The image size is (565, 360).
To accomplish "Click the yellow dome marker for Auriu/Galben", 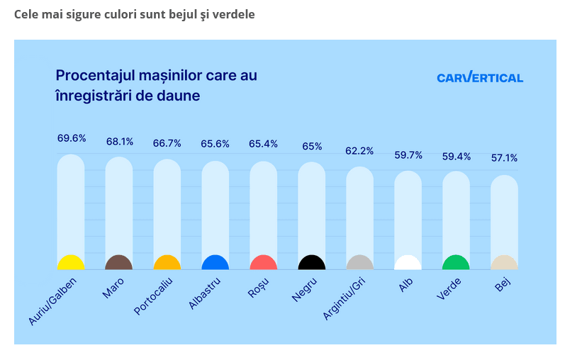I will pyautogui.click(x=71, y=263).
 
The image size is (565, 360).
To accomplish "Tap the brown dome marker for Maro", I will pyautogui.click(x=119, y=263).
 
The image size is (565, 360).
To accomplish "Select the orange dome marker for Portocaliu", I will pyautogui.click(x=167, y=263).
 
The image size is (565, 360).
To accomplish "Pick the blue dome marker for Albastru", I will pyautogui.click(x=216, y=263).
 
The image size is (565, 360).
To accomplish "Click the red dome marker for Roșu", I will pyautogui.click(x=263, y=263).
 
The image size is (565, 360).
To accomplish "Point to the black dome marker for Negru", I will pyautogui.click(x=312, y=263).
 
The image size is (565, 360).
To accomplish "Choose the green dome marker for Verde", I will pyautogui.click(x=456, y=263).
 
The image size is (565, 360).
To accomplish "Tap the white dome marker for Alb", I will pyautogui.click(x=408, y=263).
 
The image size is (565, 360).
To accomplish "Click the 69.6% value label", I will pyautogui.click(x=72, y=138).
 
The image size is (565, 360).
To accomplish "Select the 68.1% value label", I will pyautogui.click(x=120, y=141).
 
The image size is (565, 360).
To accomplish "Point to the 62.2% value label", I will pyautogui.click(x=359, y=151).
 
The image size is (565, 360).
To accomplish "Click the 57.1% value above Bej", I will pyautogui.click(x=504, y=158).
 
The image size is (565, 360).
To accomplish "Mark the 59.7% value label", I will pyautogui.click(x=408, y=154).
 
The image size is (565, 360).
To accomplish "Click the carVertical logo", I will pyautogui.click(x=480, y=78).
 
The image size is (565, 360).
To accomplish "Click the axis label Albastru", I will pyautogui.click(x=205, y=293).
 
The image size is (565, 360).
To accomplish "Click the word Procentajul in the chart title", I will pyautogui.click(x=94, y=76).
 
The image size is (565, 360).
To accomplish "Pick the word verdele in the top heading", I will pyautogui.click(x=231, y=14).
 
